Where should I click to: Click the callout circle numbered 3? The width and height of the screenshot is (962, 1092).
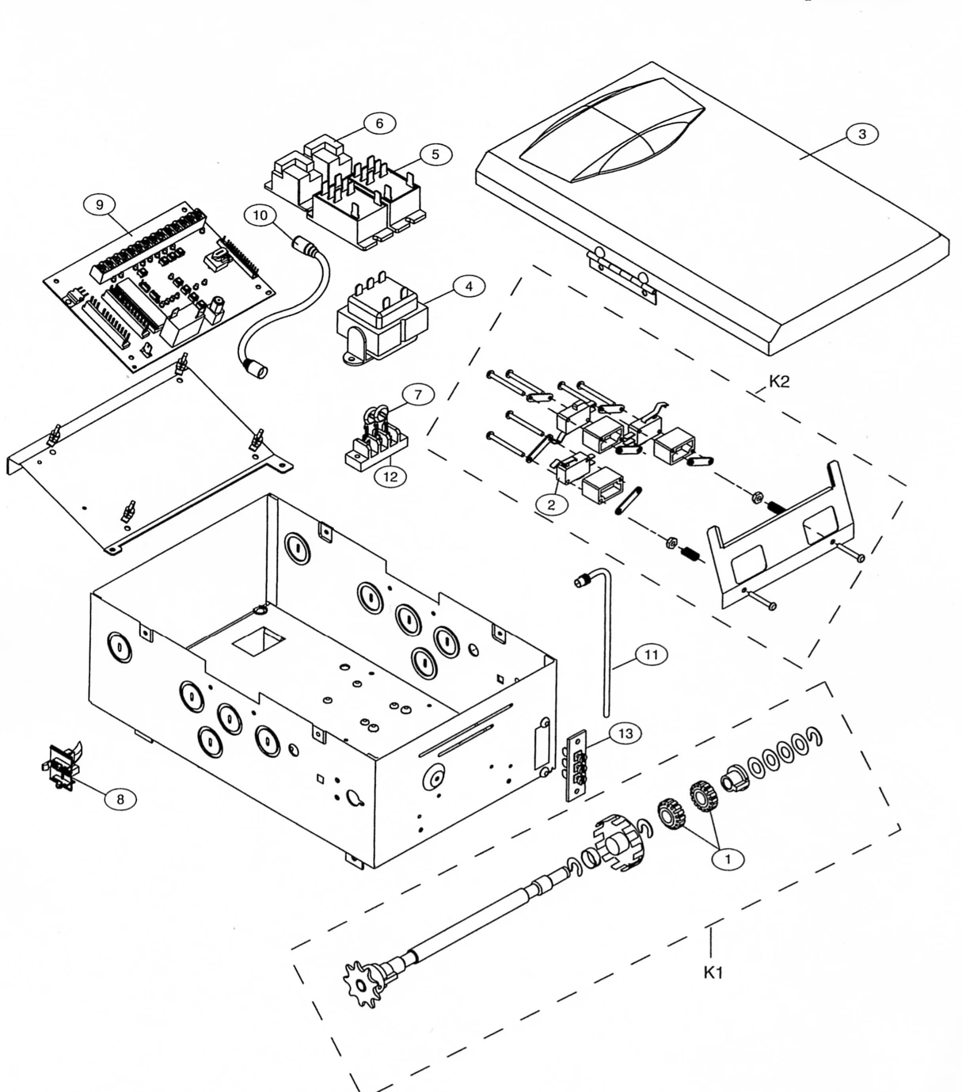(861, 134)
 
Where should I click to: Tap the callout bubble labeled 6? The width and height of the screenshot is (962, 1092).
(379, 124)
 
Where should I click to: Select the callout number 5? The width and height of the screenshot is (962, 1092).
(435, 154)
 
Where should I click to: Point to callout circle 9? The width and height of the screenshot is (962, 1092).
(99, 205)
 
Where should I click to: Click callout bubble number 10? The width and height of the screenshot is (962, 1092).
(260, 215)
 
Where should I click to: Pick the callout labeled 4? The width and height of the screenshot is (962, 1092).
(469, 286)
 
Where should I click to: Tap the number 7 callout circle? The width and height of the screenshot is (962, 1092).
(418, 394)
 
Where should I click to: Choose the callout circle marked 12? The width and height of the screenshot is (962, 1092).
(390, 476)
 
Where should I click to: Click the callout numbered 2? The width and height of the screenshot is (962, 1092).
(551, 504)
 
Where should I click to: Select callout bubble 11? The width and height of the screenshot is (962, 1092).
(652, 655)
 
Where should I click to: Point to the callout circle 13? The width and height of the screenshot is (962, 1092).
(625, 733)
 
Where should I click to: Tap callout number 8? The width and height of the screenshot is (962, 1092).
(120, 799)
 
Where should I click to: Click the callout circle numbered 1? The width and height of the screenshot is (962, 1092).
(728, 859)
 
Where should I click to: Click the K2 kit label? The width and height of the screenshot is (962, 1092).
(779, 382)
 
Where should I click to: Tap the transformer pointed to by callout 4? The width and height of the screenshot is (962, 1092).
(382, 318)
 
